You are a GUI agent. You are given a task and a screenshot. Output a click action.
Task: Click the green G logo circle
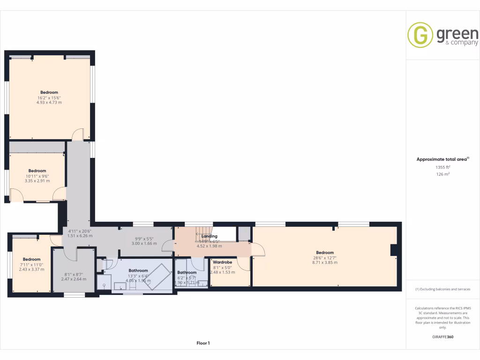point(420,35)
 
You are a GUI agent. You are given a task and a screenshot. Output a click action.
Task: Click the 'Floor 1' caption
point(203,343)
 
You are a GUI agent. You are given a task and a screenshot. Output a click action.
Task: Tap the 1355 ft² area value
point(442,167)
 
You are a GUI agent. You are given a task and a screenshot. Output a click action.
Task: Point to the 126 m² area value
point(442,174)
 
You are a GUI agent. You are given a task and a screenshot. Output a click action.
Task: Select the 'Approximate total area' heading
point(442,159)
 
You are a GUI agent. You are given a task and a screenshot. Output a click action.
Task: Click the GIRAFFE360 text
point(442,337)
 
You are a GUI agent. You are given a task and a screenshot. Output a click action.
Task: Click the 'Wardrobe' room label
point(222,262)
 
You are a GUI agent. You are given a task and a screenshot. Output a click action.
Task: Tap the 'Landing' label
point(209,237)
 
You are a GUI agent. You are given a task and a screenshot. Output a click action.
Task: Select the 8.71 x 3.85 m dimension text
point(325,263)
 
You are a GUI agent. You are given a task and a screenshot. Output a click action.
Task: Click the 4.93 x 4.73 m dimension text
point(49,102)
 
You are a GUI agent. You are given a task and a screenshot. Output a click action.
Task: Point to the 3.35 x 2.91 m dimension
point(37,180)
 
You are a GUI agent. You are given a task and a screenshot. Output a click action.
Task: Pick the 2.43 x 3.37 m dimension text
point(31,270)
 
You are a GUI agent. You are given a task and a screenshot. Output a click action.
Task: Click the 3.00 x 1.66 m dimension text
point(144,244)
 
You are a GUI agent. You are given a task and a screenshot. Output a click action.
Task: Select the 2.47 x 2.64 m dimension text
point(74,279)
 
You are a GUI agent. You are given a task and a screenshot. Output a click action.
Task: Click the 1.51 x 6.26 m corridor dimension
point(80,236)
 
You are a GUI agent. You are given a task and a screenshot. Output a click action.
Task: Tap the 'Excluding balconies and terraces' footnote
point(442,289)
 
